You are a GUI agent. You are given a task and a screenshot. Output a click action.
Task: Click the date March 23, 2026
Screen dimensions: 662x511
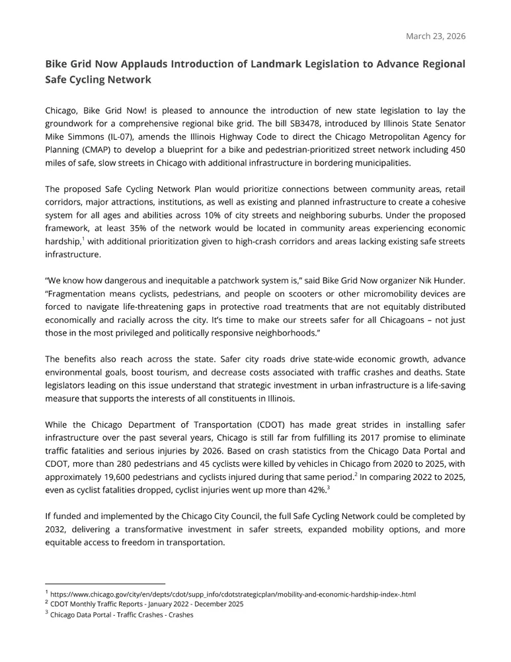coord(435,36)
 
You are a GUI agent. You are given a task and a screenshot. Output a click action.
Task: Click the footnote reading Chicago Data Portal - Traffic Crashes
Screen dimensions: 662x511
coord(122,615)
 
